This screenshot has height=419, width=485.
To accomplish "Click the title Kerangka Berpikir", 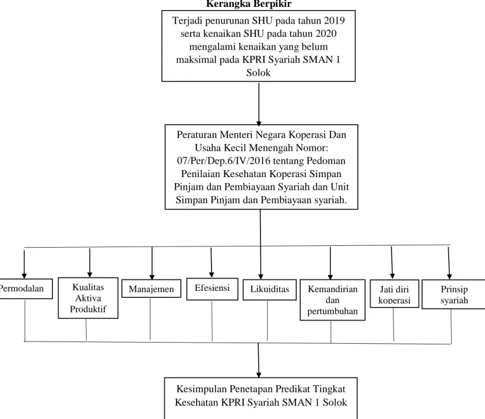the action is pyautogui.click(x=249, y=4).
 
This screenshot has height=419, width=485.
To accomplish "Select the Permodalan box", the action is pyautogui.click(x=26, y=288).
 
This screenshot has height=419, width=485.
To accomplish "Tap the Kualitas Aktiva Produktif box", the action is pyautogui.click(x=88, y=298).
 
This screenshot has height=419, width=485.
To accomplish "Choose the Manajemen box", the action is pyautogui.click(x=151, y=289).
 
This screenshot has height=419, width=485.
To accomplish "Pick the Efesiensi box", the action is pyautogui.click(x=212, y=289).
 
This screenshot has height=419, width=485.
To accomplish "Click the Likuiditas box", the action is pyautogui.click(x=270, y=290).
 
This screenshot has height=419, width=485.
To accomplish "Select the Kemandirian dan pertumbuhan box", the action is pyautogui.click(x=332, y=300).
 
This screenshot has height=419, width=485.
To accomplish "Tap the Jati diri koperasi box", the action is pyautogui.click(x=395, y=294).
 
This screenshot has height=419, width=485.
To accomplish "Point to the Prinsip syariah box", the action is pyautogui.click(x=454, y=294).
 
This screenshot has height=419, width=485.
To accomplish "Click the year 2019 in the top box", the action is pyautogui.click(x=335, y=20).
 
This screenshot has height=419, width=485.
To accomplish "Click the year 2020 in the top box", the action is pyautogui.click(x=326, y=33).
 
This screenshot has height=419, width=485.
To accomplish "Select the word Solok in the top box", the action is pyautogui.click(x=258, y=73).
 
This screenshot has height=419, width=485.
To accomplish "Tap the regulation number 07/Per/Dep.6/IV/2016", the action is pyautogui.click(x=224, y=161).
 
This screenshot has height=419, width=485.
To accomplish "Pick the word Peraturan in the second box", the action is pyautogui.click(x=196, y=135).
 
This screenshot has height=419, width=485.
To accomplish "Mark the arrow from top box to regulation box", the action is pyautogui.click(x=259, y=103).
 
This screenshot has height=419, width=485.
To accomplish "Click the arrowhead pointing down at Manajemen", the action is pyautogui.click(x=152, y=277).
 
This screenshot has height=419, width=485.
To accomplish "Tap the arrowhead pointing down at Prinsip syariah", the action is pyautogui.click(x=449, y=276).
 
